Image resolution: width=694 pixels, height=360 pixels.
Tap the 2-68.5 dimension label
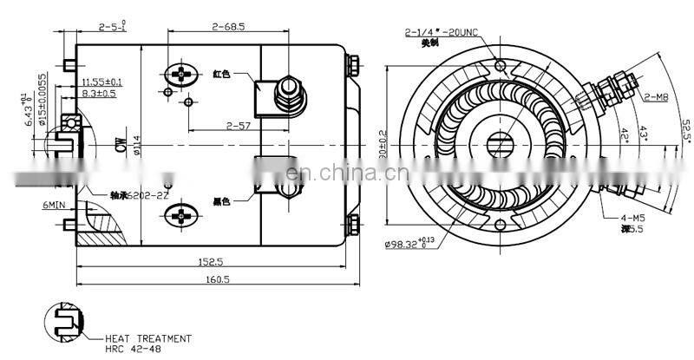click(x=228, y=27)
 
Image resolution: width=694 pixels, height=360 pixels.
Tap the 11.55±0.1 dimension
click(x=101, y=81)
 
